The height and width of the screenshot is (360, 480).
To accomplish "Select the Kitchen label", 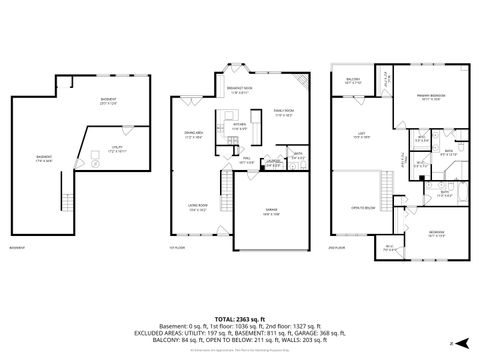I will click(x=239, y=126).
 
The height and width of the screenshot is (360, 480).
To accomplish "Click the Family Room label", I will click(x=283, y=113).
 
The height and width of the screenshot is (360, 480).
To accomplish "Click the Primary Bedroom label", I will click(x=430, y=97).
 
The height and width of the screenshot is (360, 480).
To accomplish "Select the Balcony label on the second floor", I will click(x=353, y=81).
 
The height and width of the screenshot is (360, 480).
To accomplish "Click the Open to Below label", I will click(x=361, y=207).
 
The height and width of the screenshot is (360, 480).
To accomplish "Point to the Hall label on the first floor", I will click(x=245, y=159).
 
